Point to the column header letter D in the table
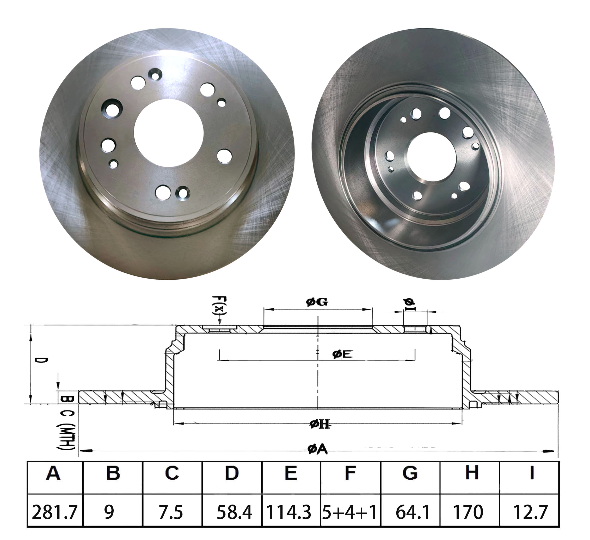point(232,473)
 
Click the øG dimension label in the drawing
point(317,302)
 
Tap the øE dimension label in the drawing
point(342,354)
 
